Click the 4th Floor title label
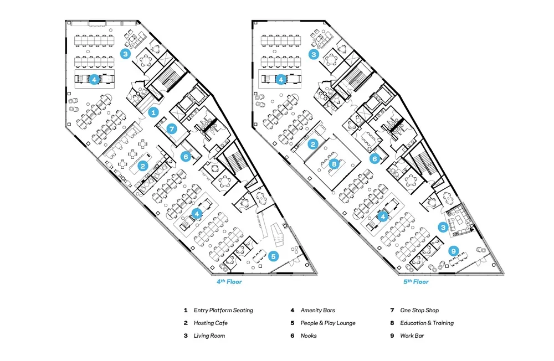[x=229, y=282]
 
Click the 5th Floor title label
[x=416, y=282]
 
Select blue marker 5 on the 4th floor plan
[x=273, y=256]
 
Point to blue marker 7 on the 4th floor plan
[x=172, y=129]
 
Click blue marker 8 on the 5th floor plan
[x=334, y=164]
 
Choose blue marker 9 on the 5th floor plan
[x=454, y=250]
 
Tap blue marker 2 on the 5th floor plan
[x=313, y=145]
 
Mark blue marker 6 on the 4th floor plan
[x=186, y=157]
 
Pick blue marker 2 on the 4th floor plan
[x=142, y=166]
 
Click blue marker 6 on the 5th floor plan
[x=375, y=158]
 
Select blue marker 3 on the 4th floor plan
[x=126, y=54]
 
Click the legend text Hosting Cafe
[x=211, y=323]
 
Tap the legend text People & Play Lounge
[x=328, y=323]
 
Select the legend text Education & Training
[x=427, y=323]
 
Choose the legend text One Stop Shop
[x=419, y=310]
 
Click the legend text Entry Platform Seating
[x=223, y=310]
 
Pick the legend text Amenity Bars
[x=317, y=310]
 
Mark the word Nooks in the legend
[x=309, y=336]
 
